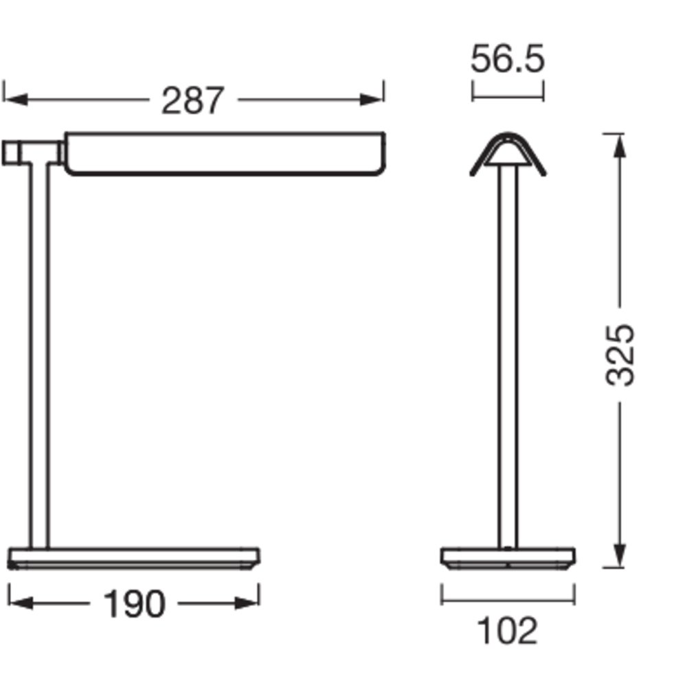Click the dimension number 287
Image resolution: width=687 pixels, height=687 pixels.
193,101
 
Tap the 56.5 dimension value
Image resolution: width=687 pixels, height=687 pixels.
508,58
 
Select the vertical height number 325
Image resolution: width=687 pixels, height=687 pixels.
620,355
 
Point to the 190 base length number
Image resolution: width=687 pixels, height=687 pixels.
134,604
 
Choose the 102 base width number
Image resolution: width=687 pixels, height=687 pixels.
507,631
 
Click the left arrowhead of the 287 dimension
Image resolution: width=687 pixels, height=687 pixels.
16,100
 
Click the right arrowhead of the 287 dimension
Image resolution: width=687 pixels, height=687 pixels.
372,100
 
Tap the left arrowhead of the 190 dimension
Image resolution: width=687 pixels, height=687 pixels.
21,603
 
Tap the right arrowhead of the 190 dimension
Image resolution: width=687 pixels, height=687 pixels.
247,603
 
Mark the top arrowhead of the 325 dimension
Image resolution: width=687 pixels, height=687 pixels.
619,146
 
